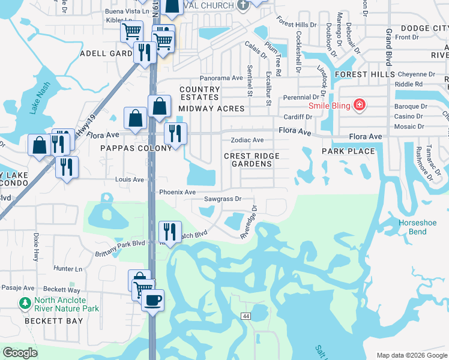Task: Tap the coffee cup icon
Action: click(152, 299)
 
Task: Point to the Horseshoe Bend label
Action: click(413, 227)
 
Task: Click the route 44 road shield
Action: click(246, 316)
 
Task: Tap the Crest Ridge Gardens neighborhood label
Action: click(252, 160)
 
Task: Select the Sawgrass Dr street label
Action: click(222, 199)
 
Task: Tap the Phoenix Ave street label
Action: click(177, 192)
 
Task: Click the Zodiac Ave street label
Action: click(247, 140)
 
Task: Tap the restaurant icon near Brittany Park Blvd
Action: click(170, 232)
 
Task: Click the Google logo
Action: click(20, 353)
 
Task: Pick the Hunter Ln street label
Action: click(67, 269)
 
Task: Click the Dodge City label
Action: click(424, 28)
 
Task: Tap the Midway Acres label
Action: click(211, 109)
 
